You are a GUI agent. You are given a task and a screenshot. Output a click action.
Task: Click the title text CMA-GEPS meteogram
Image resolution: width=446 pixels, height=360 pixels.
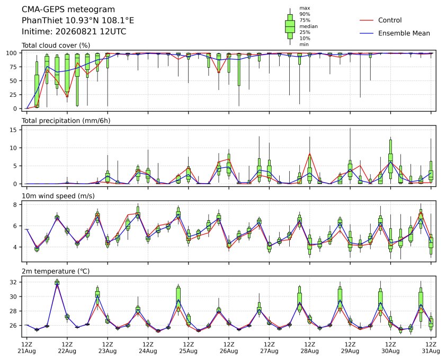(68, 10)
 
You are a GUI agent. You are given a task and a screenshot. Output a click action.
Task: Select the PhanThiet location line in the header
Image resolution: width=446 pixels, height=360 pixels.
(78, 21)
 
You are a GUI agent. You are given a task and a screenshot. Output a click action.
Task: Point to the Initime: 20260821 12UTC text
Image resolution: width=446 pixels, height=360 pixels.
(74, 31)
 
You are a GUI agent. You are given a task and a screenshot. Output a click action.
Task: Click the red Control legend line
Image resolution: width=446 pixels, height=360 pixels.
(367, 21)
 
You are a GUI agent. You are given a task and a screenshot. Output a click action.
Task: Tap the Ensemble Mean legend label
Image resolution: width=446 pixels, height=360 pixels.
(404, 33)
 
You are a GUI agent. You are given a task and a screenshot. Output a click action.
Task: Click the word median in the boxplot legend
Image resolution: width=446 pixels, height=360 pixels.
(308, 26)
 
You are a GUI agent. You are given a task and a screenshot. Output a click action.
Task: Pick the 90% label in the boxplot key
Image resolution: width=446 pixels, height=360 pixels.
(305, 14)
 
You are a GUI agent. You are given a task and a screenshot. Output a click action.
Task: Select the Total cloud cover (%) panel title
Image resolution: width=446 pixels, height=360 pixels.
(56, 46)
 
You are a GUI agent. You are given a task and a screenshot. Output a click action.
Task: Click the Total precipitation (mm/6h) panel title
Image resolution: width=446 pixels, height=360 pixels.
(66, 121)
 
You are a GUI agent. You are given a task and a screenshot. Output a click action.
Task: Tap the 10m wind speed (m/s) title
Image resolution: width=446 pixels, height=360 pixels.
(58, 196)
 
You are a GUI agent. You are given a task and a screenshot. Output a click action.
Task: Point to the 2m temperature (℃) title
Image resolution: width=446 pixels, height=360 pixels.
(56, 271)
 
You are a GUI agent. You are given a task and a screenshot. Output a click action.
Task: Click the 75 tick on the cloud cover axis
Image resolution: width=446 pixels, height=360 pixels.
(13, 67)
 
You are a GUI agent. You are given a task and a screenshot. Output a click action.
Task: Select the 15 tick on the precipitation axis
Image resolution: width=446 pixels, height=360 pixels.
(14, 130)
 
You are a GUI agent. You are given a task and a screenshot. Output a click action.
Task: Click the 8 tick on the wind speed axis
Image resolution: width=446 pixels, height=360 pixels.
(15, 205)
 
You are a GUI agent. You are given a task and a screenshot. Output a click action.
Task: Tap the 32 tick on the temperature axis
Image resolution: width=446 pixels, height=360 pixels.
(14, 282)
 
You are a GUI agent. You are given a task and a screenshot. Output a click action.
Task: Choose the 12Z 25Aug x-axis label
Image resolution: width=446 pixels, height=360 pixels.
(188, 348)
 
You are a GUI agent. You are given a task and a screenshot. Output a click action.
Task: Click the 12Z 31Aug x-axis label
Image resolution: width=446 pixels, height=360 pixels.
(431, 348)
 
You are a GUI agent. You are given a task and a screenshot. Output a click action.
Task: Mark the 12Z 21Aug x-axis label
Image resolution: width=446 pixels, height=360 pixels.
(26, 348)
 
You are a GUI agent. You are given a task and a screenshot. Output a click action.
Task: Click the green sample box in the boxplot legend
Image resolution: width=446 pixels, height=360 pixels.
(290, 26)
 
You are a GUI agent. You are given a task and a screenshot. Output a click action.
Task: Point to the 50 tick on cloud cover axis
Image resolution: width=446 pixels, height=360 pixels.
(13, 81)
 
